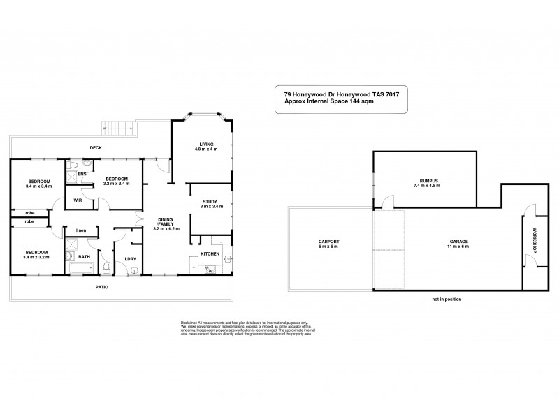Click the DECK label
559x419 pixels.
(96, 147)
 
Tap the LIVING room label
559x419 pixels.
(205, 144)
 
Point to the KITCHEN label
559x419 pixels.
(210, 253)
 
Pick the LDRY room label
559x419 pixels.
(130, 260)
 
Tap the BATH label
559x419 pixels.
(85, 257)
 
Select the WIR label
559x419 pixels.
(78, 200)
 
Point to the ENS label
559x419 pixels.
(82, 173)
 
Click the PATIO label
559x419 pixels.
(103, 287)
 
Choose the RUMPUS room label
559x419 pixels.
(426, 180)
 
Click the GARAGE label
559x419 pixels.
(458, 242)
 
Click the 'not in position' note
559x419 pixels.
(447, 300)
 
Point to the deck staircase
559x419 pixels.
(116, 128)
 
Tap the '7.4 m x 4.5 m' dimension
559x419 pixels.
(426, 186)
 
